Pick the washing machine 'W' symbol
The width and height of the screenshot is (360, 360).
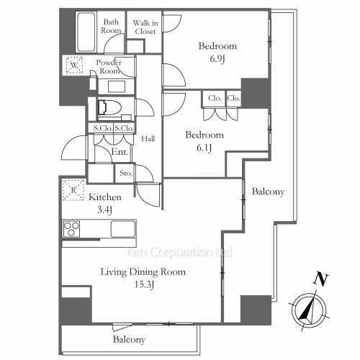76,66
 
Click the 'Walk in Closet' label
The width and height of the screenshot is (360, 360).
145,27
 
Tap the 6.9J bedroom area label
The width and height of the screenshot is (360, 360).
217,60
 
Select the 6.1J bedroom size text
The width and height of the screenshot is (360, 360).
205,149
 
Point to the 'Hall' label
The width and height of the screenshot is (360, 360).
148,139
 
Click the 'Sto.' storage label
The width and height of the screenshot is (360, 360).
125,174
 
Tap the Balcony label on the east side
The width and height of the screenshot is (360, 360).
268,192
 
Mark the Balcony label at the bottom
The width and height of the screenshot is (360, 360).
130,339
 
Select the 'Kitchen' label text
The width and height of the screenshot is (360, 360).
104,197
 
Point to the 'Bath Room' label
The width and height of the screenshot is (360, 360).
112,27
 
